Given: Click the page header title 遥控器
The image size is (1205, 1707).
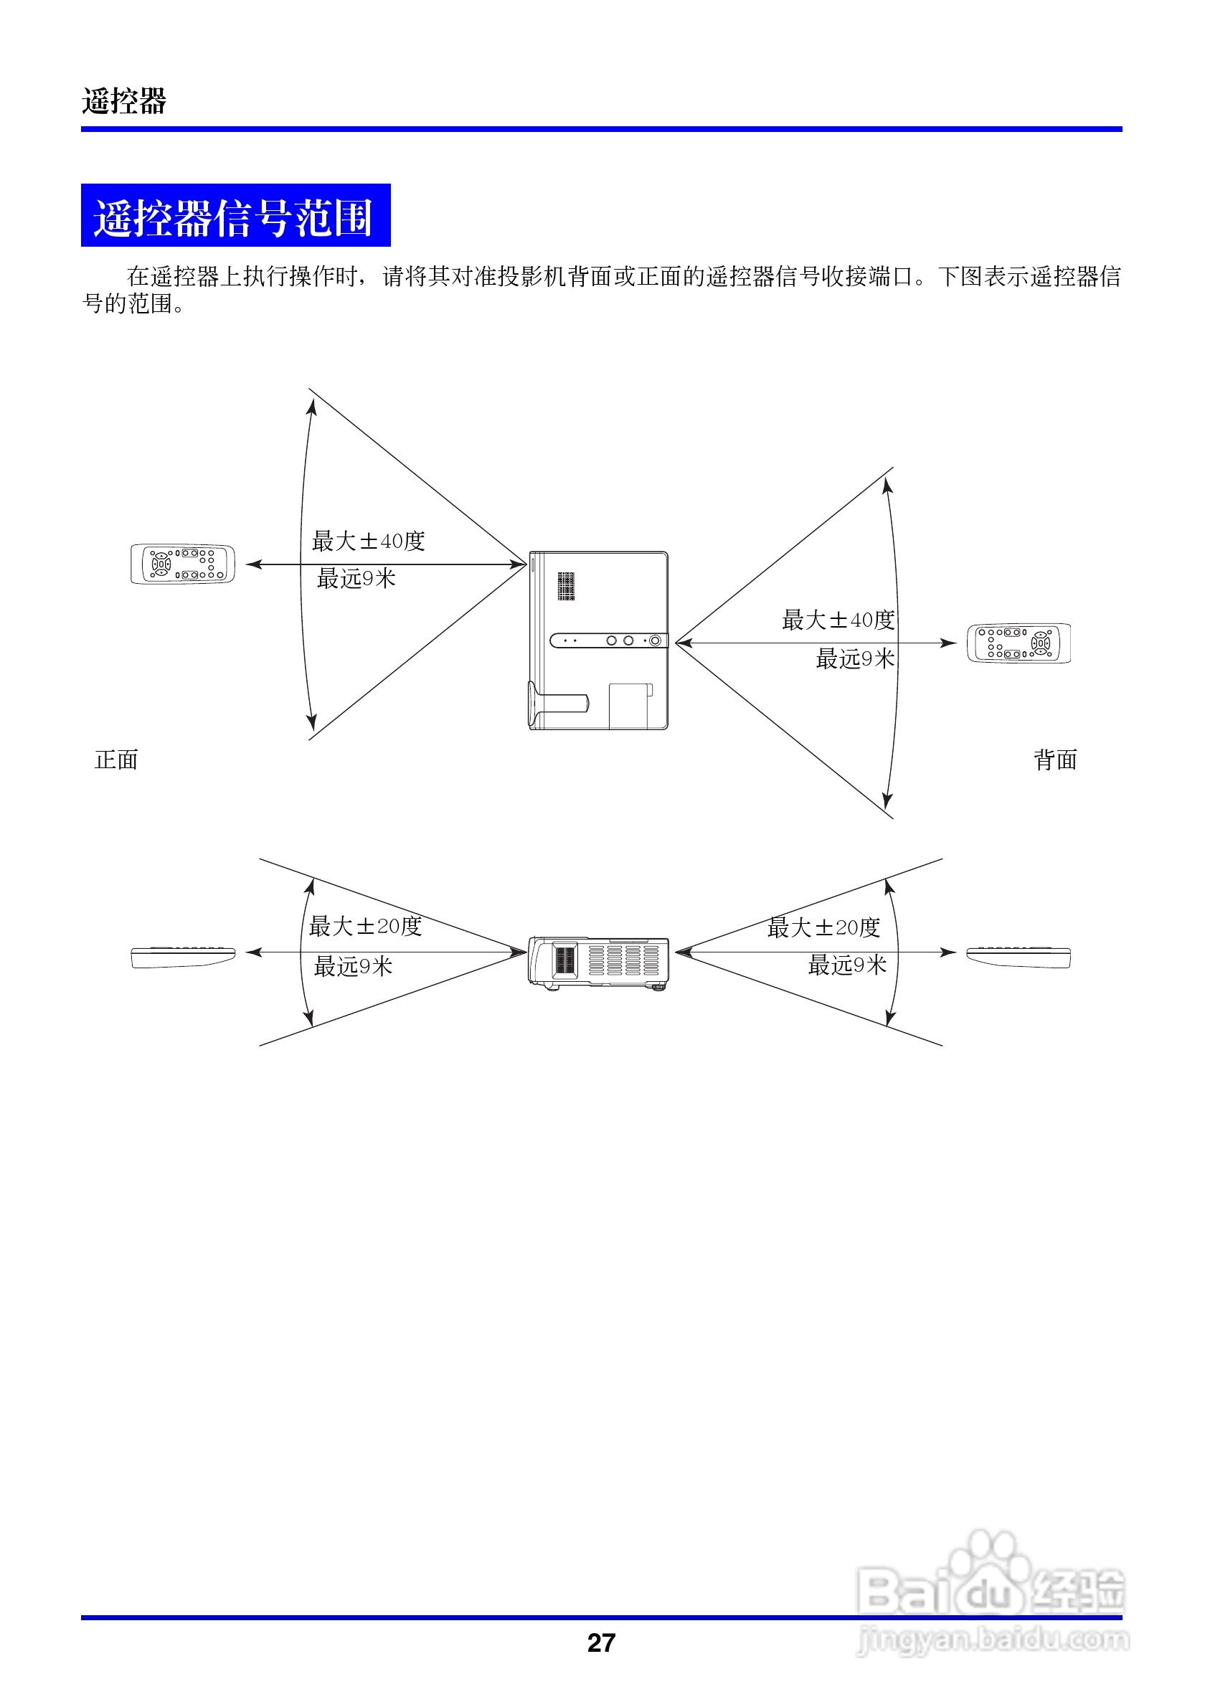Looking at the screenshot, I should click(x=124, y=100).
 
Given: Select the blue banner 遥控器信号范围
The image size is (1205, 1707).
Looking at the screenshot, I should click(x=235, y=216).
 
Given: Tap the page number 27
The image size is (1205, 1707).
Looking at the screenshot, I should click(x=600, y=1642).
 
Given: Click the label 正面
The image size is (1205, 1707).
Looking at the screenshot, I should click(x=116, y=760).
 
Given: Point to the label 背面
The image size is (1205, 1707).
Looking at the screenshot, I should click(x=1055, y=760).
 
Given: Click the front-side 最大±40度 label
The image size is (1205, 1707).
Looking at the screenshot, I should click(x=368, y=541).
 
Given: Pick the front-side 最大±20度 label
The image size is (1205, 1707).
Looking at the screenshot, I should click(x=365, y=926).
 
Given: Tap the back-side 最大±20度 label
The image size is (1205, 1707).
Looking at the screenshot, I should click(x=823, y=927).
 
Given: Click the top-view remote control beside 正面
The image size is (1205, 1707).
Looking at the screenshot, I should click(x=183, y=564).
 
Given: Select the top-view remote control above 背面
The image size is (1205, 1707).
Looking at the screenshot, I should click(x=1019, y=643).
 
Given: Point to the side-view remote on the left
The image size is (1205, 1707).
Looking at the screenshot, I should click(x=183, y=957).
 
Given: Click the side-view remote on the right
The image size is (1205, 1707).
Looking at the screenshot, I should click(x=1019, y=957).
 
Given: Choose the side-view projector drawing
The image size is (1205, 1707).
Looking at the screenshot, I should click(x=598, y=963).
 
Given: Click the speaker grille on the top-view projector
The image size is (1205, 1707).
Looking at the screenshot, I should click(x=566, y=586).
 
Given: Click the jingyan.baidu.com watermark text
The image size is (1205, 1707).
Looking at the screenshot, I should click(x=993, y=1639).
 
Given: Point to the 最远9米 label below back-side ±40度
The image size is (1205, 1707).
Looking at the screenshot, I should click(x=855, y=658).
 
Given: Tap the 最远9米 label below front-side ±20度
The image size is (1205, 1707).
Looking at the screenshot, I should click(x=353, y=966).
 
